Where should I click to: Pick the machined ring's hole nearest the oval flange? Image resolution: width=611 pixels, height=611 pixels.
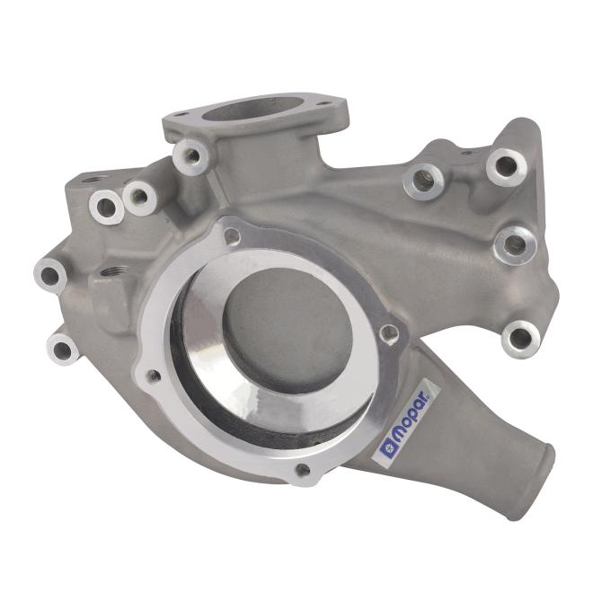(233, 237)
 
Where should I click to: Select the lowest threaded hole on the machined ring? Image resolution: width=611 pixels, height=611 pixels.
(303, 470)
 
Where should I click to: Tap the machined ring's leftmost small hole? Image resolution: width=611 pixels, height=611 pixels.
(153, 375)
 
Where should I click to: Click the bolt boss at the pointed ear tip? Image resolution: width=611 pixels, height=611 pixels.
(506, 165)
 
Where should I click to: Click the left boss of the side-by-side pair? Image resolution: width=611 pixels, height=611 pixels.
(106, 208)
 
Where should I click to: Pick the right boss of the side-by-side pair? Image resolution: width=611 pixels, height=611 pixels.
(139, 197)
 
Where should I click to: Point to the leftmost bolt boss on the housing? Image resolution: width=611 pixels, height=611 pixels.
(49, 275)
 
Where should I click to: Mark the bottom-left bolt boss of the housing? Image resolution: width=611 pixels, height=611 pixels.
(63, 348)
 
